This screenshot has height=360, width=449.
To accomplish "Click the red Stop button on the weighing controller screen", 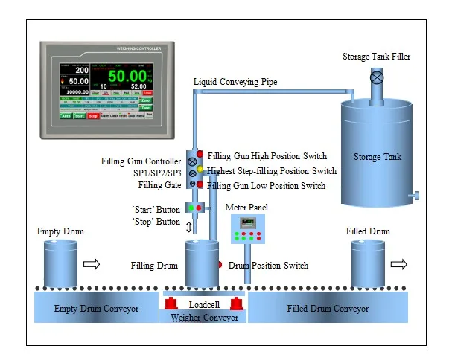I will coord(93,116).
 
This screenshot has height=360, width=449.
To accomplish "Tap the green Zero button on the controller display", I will coord(146,100).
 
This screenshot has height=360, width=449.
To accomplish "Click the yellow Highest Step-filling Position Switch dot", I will coord(200,170).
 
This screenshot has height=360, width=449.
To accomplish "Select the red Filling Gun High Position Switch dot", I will coord(200,155).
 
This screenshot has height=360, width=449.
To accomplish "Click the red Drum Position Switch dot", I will coord(219,264).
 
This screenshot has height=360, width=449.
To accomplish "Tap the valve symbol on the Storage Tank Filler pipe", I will coord(377,77).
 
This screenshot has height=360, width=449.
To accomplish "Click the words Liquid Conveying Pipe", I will coord(235,82).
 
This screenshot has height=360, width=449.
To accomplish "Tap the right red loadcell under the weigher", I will coord(237,303).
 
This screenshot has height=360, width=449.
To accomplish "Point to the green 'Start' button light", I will coord(191,208).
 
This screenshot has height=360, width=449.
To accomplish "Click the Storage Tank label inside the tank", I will coord(378,156).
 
